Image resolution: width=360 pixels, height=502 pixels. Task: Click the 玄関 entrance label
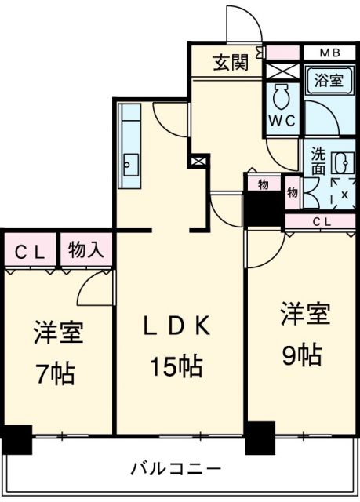pyautogui.click(x=231, y=63)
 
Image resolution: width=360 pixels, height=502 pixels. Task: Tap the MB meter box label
pyautogui.click(x=330, y=53)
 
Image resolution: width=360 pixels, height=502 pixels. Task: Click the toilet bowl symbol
pyautogui.click(x=282, y=96)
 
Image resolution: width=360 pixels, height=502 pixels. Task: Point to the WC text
pyautogui.click(x=282, y=121)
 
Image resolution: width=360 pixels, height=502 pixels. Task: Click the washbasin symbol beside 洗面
pyautogui.click(x=344, y=162)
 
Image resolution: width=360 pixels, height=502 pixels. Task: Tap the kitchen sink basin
pyautogui.click(x=131, y=165)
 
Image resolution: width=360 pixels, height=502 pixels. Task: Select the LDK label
pyautogui.click(x=177, y=326)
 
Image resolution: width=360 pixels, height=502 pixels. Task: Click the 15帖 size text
pyautogui.click(x=176, y=366)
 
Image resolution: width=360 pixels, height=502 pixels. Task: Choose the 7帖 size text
pyautogui.click(x=55, y=373)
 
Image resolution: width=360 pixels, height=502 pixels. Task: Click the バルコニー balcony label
pyautogui.click(x=176, y=469)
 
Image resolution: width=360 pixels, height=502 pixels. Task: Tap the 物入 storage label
pyautogui.click(x=85, y=249)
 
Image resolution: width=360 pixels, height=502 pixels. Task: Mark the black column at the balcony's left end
pyautogui.click(x=17, y=439)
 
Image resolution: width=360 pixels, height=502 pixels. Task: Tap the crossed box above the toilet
pyautogui.click(x=282, y=71)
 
